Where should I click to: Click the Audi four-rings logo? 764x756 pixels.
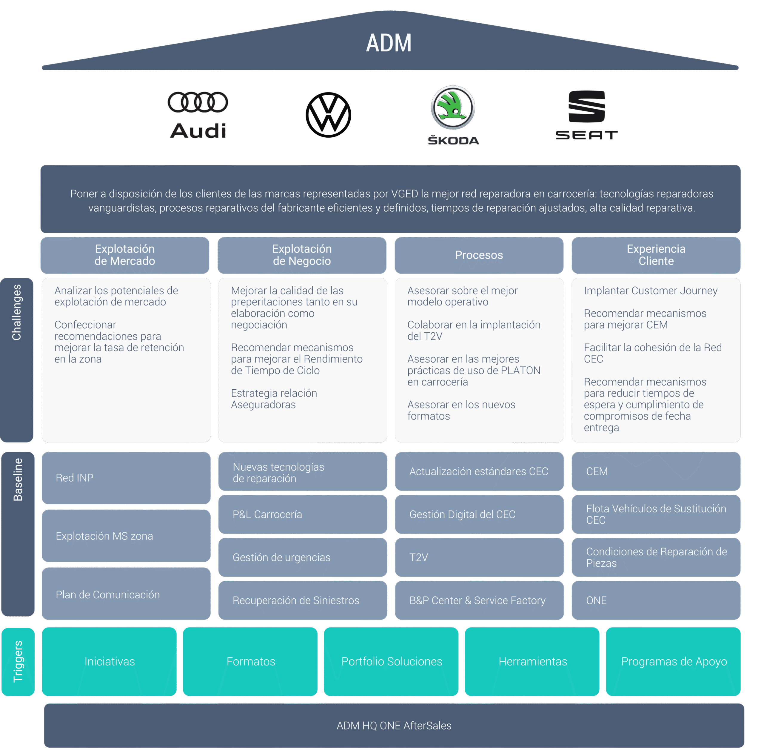click(198, 102)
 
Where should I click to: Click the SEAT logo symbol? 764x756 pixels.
click(586, 106)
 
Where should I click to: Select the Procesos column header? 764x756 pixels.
click(479, 255)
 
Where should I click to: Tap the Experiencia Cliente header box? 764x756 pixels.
click(656, 255)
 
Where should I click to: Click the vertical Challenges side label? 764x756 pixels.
click(17, 313)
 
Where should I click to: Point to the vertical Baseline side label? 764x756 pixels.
click(18, 480)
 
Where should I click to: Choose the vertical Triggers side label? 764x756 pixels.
click(18, 661)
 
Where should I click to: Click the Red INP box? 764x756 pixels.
click(126, 478)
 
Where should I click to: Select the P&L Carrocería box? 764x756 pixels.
click(303, 514)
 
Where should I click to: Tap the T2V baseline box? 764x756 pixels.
click(479, 557)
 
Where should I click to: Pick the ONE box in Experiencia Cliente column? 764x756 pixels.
click(656, 600)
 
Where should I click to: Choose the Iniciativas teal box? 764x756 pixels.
click(109, 661)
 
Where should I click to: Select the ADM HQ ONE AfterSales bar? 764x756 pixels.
click(394, 726)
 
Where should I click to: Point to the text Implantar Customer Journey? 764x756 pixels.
click(651, 291)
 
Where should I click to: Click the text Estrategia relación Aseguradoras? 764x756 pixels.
click(274, 399)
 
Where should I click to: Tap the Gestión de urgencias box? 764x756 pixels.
click(303, 557)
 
